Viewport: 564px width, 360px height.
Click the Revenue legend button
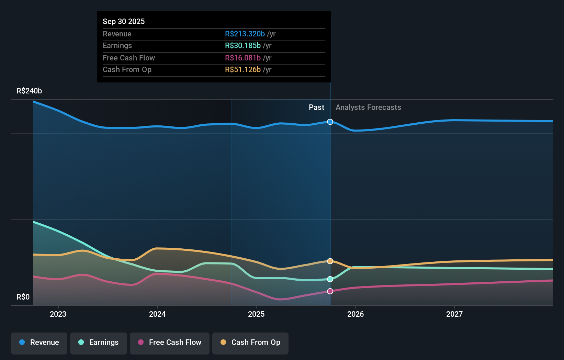point(39,343)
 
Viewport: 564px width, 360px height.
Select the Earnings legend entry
point(99,343)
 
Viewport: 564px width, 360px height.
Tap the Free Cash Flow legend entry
point(170,343)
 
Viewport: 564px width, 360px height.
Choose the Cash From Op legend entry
point(250,343)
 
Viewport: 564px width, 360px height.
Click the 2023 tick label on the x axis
point(58,314)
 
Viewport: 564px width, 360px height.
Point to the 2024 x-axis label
point(157,314)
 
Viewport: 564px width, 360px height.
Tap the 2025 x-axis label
point(256,314)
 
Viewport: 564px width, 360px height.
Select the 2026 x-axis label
point(356,314)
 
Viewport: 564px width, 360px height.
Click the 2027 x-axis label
point(454,314)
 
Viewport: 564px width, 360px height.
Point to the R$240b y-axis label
point(29,91)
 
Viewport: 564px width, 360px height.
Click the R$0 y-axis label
point(23,297)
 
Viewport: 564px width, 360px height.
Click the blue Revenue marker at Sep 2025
point(330,122)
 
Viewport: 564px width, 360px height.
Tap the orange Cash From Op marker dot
point(330,261)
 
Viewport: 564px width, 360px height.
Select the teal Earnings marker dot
point(330,279)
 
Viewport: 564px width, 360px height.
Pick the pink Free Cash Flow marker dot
point(330,291)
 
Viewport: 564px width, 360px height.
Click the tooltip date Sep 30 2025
point(124,21)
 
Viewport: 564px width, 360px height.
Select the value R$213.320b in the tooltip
point(245,34)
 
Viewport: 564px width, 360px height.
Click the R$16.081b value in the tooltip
point(242,58)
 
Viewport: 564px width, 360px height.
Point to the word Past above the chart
point(316,108)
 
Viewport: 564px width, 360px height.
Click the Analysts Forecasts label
point(368,108)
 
